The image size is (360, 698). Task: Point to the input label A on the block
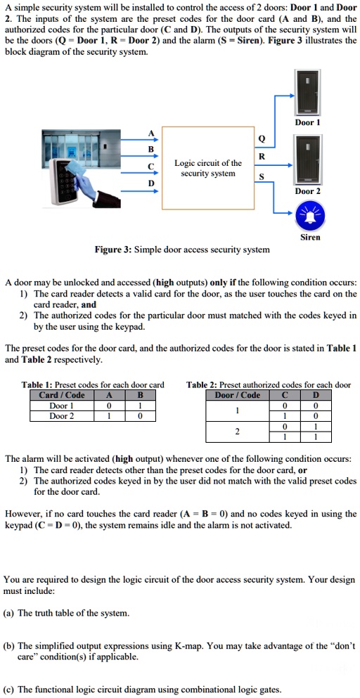click(x=150, y=135)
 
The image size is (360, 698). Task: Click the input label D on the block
click(x=150, y=183)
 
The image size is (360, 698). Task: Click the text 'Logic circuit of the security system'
click(x=207, y=168)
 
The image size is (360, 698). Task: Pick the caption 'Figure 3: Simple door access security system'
click(x=182, y=250)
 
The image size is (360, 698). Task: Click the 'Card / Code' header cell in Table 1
click(x=61, y=395)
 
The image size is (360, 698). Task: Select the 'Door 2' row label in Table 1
click(x=61, y=415)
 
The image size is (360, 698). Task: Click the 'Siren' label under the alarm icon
click(x=310, y=237)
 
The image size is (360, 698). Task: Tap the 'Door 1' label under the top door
click(x=307, y=122)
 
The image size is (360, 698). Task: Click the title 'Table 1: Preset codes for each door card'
click(x=93, y=384)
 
